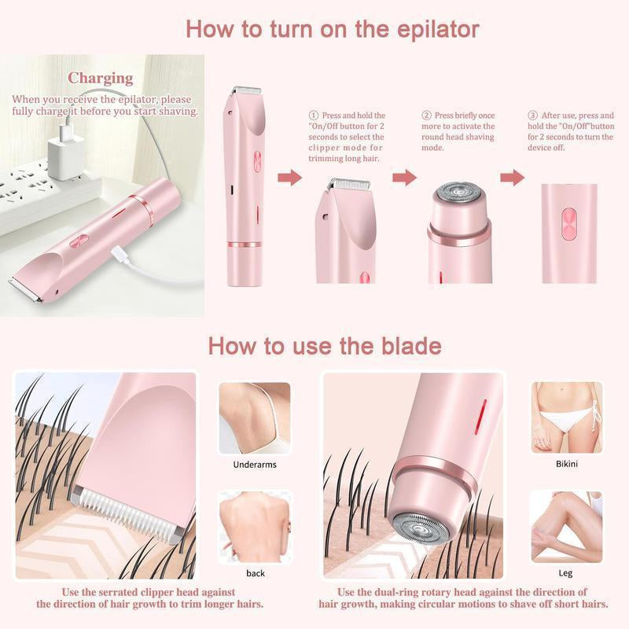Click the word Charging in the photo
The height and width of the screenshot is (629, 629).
coord(100,78)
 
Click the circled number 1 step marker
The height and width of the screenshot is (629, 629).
coord(312,116)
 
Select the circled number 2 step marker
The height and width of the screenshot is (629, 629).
coord(427,116)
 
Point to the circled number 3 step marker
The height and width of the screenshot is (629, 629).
coord(532,116)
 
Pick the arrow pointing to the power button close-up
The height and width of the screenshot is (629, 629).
coord(512,178)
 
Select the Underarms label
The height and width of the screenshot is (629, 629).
coord(255,465)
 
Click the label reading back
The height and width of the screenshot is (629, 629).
coord(256,573)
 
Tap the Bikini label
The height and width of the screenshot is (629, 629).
coord(566,464)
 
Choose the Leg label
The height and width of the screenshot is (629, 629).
coord(566,573)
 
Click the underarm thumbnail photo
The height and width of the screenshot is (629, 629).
coord(254,417)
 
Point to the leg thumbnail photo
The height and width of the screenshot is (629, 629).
coord(566,526)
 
